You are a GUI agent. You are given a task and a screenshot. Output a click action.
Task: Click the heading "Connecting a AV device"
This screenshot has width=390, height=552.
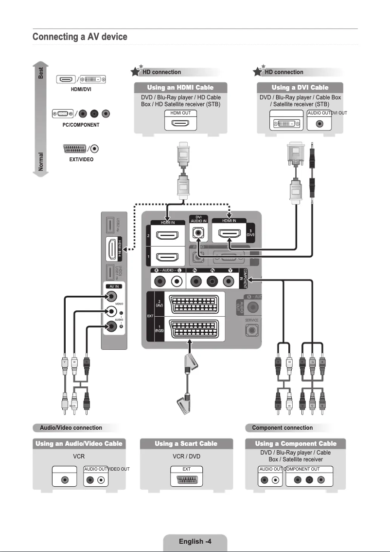pyautogui.click(x=80, y=37)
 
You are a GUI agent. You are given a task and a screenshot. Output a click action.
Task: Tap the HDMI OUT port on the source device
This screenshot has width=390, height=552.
pyautogui.click(x=180, y=123)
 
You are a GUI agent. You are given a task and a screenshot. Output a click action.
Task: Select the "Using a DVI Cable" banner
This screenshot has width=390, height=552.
pyautogui.click(x=300, y=88)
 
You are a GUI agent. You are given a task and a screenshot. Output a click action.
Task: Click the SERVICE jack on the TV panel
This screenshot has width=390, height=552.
pyautogui.click(x=251, y=330)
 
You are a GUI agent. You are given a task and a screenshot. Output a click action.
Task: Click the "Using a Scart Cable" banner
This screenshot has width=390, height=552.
pyautogui.click(x=186, y=443)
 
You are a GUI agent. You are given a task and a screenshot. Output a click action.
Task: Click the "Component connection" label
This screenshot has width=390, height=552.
pyautogui.click(x=282, y=428)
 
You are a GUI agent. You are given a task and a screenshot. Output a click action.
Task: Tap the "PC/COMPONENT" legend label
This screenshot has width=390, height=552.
pyautogui.click(x=81, y=125)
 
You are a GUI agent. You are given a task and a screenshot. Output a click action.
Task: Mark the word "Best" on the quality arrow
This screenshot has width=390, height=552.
pyautogui.click(x=41, y=73)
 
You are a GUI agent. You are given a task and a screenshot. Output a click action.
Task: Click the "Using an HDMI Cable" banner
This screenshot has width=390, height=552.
pyautogui.click(x=180, y=88)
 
